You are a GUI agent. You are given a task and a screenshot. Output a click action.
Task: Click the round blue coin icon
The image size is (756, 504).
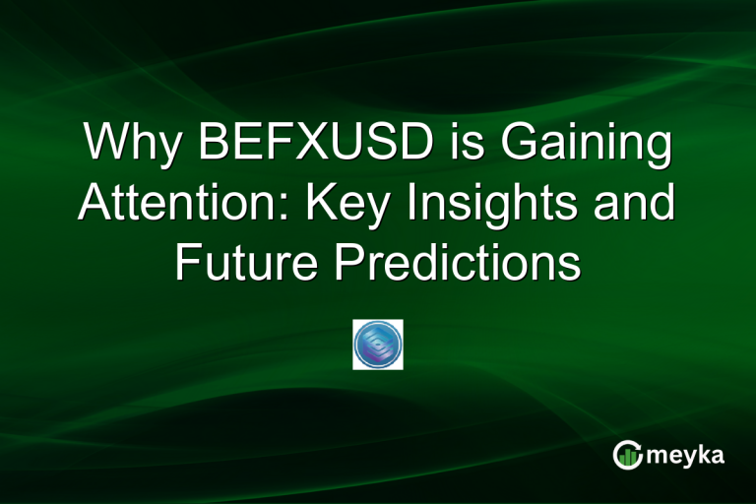(378, 345)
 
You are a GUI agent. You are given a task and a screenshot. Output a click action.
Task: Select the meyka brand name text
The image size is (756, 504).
(690, 455)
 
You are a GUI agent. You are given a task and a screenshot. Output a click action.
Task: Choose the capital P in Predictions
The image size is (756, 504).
(344, 263)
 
